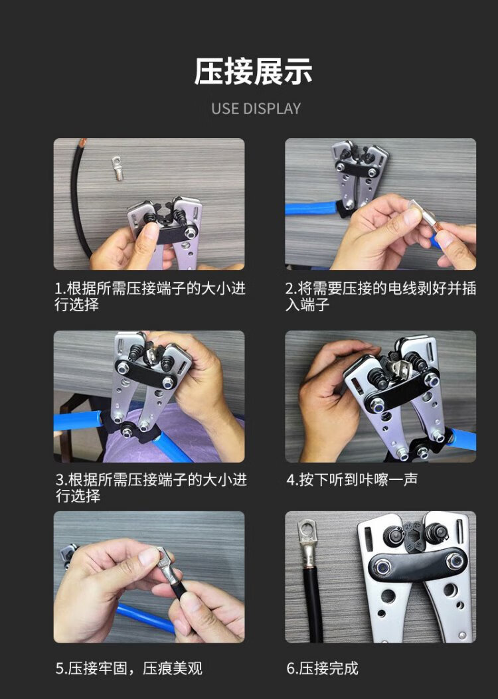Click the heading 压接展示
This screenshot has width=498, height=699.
pos(253,72)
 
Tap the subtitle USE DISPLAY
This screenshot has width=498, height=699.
pos(256,109)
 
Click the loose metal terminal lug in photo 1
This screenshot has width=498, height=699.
pos(118,168)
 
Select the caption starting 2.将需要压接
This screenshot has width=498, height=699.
pos(380,297)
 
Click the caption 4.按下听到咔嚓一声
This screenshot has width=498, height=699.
pos(352,480)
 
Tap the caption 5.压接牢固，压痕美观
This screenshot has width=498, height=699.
pos(129,668)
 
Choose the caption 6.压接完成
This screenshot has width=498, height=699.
pos(322,668)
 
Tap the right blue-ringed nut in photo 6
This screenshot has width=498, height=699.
pos(455,561)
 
